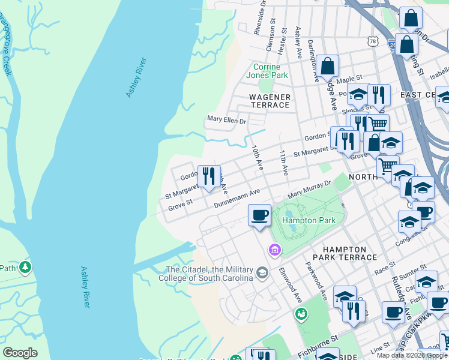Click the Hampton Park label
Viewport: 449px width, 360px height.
(309, 220)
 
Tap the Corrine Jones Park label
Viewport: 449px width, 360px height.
(271, 71)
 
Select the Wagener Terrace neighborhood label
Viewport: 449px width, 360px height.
(270, 101)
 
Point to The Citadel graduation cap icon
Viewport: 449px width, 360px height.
(262, 274)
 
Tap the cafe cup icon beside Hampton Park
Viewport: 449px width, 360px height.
(259, 215)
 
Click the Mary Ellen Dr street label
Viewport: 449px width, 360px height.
(227, 121)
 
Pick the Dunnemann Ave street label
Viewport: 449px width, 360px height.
(237, 198)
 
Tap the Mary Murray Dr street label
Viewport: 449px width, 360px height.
(309, 191)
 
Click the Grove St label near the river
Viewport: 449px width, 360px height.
(180, 206)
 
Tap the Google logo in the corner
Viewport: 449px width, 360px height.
(20, 353)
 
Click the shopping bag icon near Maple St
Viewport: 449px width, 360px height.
(328, 66)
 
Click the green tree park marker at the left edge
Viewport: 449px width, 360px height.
(25, 266)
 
